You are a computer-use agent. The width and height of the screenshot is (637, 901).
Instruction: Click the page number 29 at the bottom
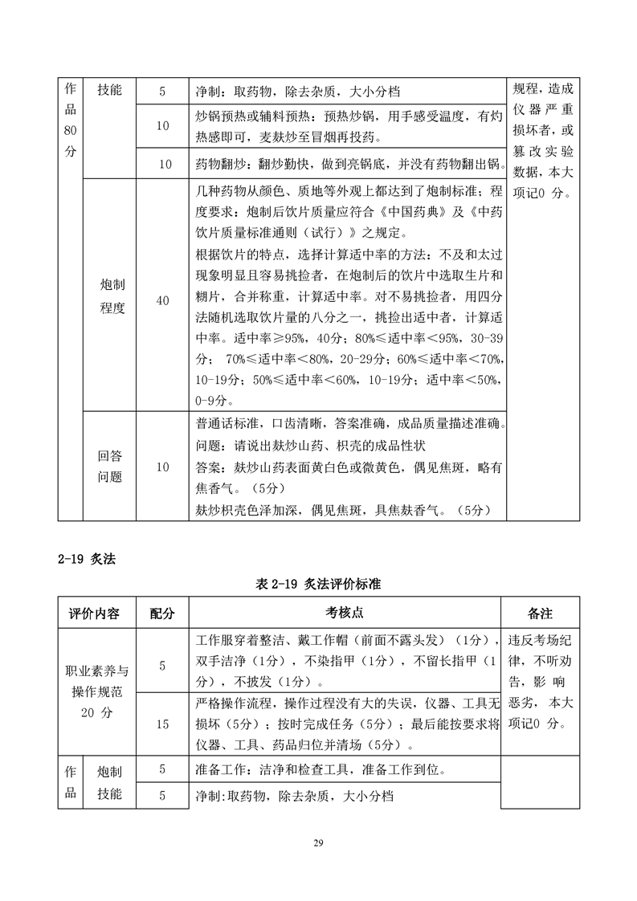tap(318, 842)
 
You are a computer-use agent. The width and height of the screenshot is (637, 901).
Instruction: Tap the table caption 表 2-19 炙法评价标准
tap(317, 585)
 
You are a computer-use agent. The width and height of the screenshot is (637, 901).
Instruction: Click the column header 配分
tap(162, 613)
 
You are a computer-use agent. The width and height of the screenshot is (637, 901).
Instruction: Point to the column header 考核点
tap(345, 613)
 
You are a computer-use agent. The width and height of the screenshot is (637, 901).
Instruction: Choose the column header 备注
tap(540, 613)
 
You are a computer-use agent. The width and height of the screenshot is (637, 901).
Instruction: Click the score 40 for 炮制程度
tap(162, 300)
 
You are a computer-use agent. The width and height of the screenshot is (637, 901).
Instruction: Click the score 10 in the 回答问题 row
tap(162, 467)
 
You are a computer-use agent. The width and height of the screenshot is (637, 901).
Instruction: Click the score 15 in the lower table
tap(162, 724)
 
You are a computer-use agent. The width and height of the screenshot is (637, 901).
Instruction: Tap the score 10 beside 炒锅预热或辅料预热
tap(162, 126)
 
